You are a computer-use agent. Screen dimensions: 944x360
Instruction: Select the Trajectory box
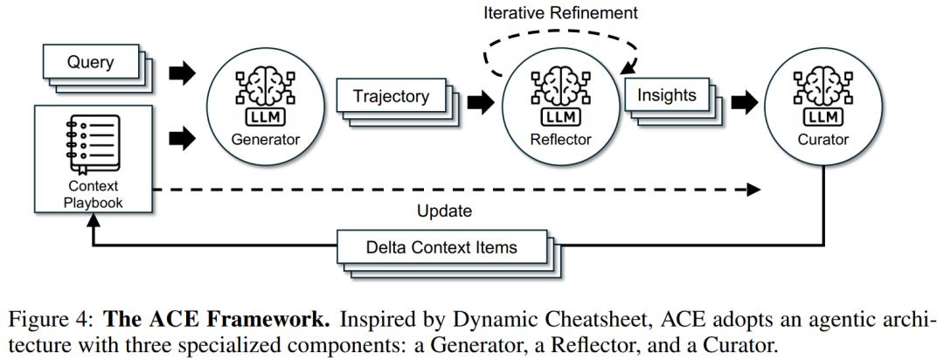392,96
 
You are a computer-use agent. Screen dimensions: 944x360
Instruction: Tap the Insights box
666,95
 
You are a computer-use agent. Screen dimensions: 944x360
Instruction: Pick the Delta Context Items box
442,247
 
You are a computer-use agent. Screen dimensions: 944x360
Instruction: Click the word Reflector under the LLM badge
560,141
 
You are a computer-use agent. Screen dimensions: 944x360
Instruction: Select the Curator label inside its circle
823,141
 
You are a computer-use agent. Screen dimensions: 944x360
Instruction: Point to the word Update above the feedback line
444,212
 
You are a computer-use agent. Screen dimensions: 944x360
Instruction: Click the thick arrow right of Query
183,73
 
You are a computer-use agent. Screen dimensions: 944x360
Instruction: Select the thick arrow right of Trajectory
480,101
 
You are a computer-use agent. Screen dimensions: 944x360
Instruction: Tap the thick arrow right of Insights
745,101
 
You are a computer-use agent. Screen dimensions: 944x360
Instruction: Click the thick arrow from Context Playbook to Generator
183,138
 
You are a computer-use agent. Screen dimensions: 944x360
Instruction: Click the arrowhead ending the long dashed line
753,190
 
